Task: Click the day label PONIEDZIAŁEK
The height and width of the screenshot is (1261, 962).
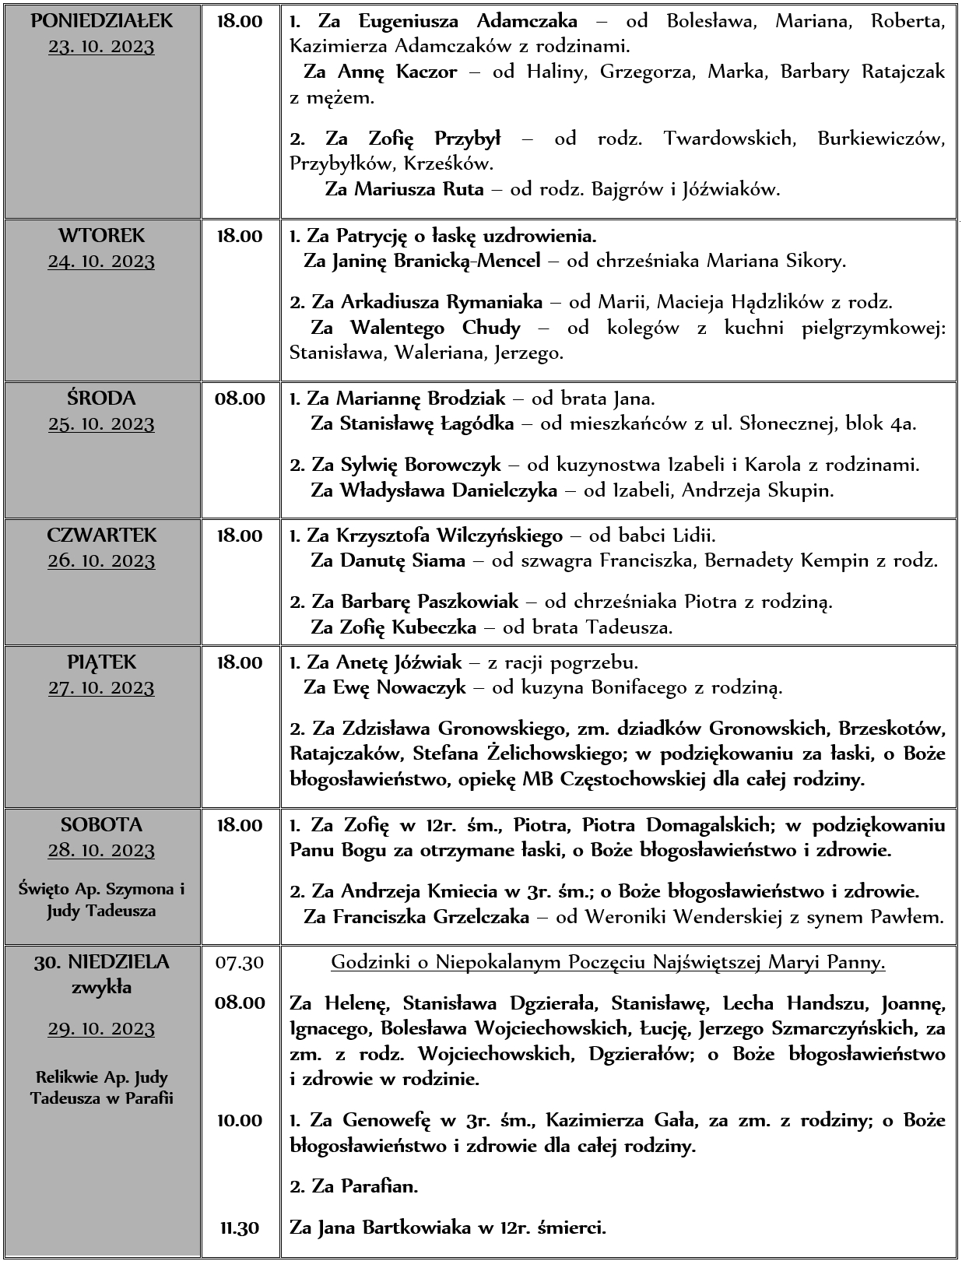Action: tap(101, 21)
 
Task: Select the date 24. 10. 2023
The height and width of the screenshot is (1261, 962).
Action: tap(101, 262)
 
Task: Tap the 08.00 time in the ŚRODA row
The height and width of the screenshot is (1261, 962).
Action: tap(240, 399)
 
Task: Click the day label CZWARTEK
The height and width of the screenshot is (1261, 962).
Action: tap(101, 536)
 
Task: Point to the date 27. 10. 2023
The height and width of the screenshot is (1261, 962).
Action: tap(101, 688)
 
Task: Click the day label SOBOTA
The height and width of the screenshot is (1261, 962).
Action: tap(101, 824)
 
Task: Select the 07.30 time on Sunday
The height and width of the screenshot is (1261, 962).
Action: tap(240, 963)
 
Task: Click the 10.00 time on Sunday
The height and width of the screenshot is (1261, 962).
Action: tap(240, 1121)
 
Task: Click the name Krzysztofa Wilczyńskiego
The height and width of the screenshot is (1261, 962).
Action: tap(449, 536)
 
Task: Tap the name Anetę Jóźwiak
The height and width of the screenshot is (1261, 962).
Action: tap(399, 663)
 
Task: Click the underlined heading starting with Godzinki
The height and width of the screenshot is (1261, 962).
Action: tap(609, 963)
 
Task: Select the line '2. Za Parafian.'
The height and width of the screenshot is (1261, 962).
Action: tap(354, 1187)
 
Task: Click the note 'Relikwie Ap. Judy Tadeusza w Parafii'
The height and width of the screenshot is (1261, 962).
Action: tap(101, 1087)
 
